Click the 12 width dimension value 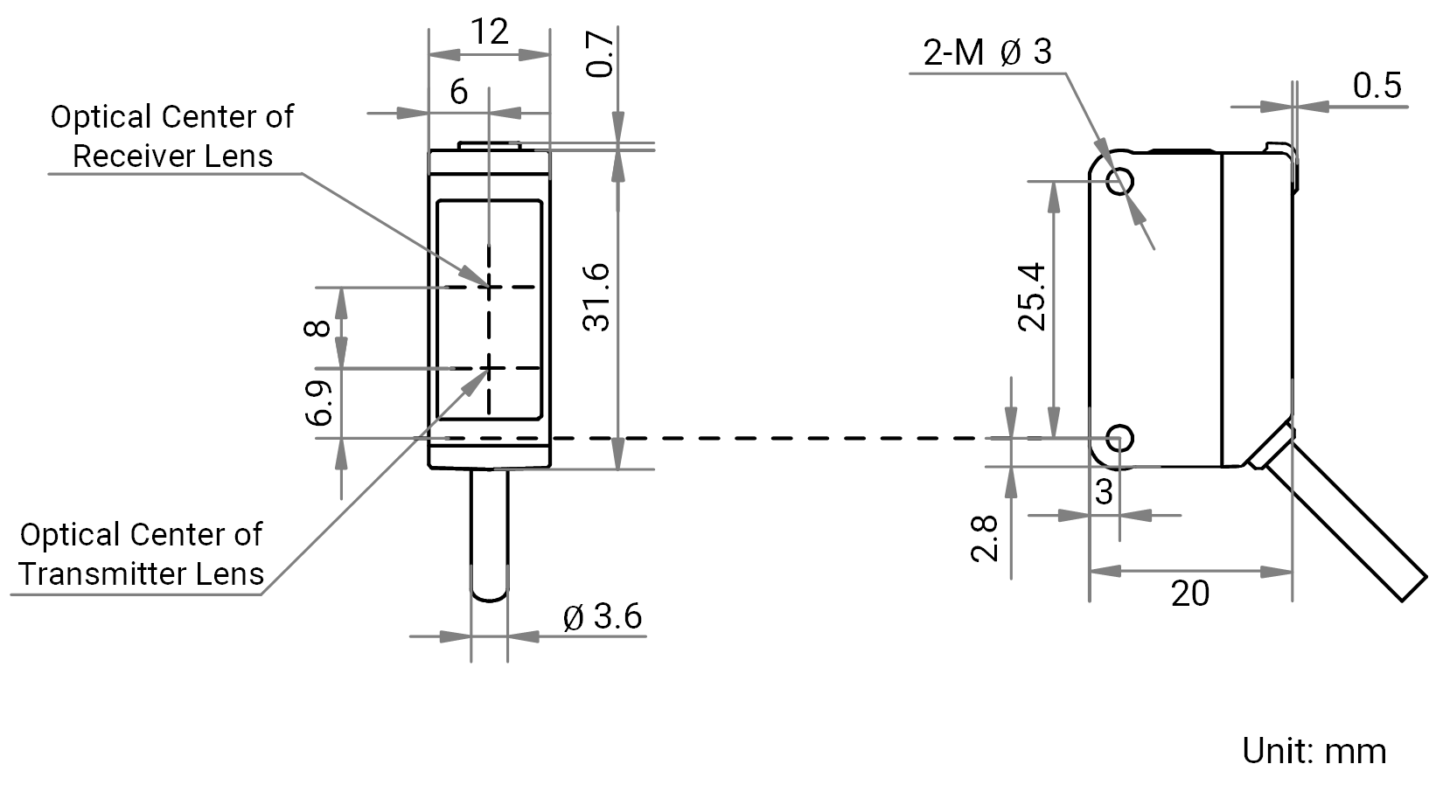click(489, 31)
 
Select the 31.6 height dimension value click(596, 297)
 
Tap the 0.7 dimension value click(600, 55)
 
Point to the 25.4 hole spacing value click(1032, 296)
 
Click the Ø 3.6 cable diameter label click(603, 616)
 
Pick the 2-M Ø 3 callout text click(987, 52)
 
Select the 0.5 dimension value click(1377, 86)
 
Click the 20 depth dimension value click(1190, 594)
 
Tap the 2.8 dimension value click(985, 538)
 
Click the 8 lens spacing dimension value click(317, 328)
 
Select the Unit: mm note click(1314, 751)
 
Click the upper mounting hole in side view click(1120, 181)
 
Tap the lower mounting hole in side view click(1119, 438)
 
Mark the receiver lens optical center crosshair click(489, 287)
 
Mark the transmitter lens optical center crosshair click(489, 368)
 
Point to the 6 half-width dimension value click(458, 92)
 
